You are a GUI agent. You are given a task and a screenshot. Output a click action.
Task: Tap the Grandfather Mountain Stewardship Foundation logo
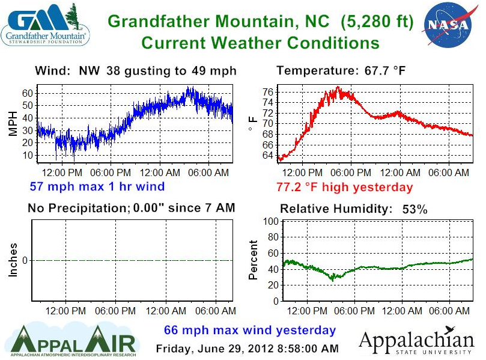coord(45,25)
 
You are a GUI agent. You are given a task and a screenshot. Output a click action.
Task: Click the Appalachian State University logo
coord(416,340)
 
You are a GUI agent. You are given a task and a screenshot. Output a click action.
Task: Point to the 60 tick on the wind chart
coord(27,93)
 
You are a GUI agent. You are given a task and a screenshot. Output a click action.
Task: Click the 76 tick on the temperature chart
coord(268,92)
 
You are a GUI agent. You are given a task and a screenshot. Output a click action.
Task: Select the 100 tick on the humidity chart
coord(271,221)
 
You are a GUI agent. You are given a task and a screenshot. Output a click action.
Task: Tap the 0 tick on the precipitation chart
coord(25,260)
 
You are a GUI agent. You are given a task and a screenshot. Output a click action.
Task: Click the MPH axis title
coord(13,123)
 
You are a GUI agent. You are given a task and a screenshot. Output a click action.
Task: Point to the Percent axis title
coord(254,260)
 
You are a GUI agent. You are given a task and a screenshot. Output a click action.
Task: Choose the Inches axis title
coord(13,260)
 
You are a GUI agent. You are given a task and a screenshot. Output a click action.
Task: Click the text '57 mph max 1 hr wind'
coord(97,186)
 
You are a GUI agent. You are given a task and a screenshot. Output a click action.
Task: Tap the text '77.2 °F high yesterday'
coord(345,188)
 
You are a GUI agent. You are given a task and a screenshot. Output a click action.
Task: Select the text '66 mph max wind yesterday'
coord(250,330)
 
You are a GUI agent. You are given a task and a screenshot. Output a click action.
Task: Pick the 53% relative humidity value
coord(415,209)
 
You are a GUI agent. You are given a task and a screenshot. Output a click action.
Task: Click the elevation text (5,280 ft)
coord(377,22)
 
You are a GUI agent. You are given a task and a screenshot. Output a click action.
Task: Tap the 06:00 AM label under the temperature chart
coord(449,172)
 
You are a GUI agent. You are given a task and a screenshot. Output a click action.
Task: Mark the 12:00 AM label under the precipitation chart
coord(166,311)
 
